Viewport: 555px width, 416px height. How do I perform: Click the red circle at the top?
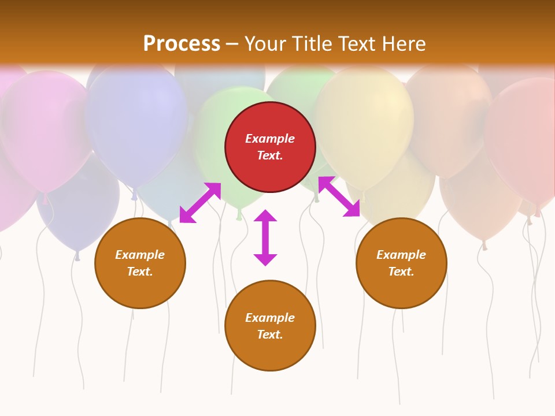click(270, 147)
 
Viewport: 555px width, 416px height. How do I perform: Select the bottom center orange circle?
click(270, 325)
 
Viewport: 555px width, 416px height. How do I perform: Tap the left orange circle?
click(140, 263)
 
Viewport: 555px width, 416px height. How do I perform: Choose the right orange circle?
click(401, 263)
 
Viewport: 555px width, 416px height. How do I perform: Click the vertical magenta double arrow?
click(265, 237)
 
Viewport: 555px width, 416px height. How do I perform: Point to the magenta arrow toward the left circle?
click(200, 203)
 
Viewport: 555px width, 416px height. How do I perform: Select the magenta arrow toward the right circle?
click(339, 196)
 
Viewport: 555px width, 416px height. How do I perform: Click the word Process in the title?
click(182, 44)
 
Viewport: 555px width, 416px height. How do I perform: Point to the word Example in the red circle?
click(270, 139)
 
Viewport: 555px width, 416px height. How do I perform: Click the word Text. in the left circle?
click(140, 272)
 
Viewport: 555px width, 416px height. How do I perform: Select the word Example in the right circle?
click(401, 255)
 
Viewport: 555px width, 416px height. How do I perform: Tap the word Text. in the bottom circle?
click(270, 335)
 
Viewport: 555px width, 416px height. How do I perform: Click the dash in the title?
click(232, 44)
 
